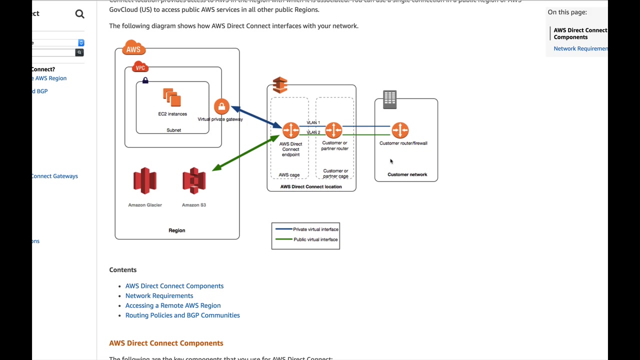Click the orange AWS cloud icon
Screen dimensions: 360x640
[x=133, y=48]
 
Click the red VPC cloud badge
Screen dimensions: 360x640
[x=140, y=67]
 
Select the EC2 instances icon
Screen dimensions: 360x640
[x=171, y=98]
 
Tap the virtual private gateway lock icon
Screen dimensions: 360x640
[x=221, y=106]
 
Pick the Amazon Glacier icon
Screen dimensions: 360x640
[x=145, y=180]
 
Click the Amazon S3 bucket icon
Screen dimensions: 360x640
[x=194, y=180]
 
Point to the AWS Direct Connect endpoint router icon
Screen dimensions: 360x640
[x=290, y=130]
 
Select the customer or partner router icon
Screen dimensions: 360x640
[x=334, y=130]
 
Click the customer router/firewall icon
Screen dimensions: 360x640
[x=400, y=130]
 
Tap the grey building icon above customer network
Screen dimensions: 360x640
[x=389, y=99]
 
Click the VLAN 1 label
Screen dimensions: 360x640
[x=313, y=122]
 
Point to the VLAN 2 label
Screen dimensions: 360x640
[x=313, y=132]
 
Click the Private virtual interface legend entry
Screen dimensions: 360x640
[x=315, y=229]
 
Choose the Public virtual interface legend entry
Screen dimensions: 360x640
[x=315, y=239]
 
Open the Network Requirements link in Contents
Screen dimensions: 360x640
[x=159, y=295]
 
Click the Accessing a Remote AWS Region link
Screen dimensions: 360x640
[x=173, y=305]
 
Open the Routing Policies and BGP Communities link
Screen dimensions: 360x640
[x=182, y=315]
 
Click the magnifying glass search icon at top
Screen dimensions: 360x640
[x=80, y=14]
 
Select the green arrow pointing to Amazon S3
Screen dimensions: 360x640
[x=245, y=153]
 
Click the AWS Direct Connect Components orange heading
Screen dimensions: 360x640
[x=166, y=343]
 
